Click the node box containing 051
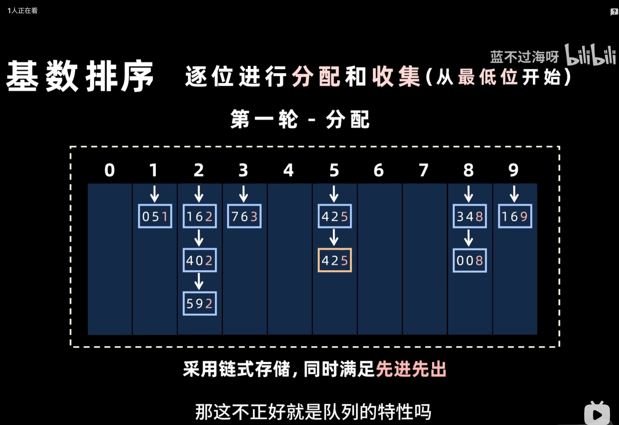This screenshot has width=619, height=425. pos(155,216)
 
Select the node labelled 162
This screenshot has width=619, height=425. pos(200,216)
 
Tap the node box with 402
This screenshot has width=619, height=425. pos(200,260)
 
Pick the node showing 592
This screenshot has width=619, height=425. pos(200,304)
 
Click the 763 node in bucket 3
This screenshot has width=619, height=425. pos(244,216)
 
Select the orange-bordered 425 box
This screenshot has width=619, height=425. pos(335,260)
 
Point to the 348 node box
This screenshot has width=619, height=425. pos(470,216)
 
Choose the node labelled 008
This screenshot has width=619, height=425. pos(470,260)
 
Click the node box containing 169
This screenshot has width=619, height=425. pos(515,216)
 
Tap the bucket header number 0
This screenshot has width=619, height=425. pos(110,170)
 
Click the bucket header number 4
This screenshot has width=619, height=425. pos(288,170)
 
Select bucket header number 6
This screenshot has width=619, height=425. pos(379,170)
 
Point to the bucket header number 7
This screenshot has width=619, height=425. pos(424,170)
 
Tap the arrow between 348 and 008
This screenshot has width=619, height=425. pos(469,238)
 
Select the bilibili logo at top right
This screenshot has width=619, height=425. pos(590,55)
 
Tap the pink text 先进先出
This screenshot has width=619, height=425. pos(411,369)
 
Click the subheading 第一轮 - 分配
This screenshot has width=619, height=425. pos(300,120)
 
